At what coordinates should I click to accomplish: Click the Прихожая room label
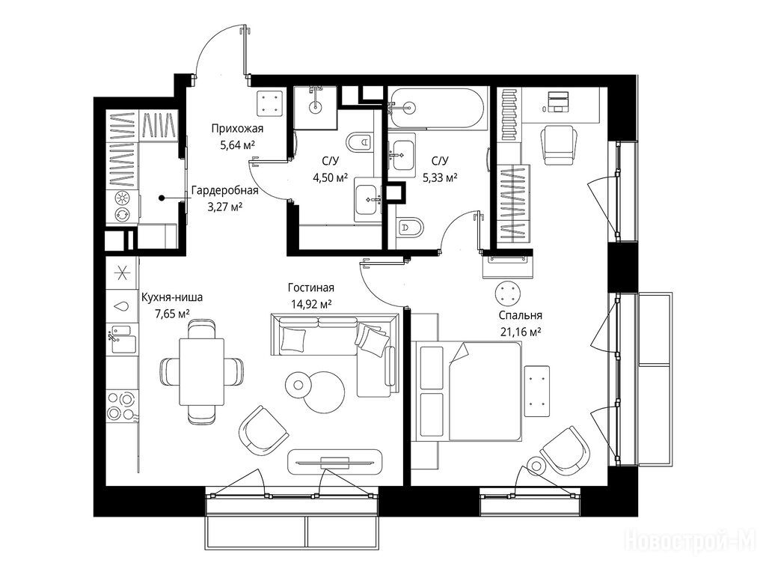coord(236,130)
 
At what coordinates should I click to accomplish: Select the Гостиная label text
coord(310,288)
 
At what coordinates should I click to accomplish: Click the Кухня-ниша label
coord(171,297)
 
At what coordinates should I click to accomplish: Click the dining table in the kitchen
coord(202,368)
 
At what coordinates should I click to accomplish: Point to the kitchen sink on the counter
coord(120,333)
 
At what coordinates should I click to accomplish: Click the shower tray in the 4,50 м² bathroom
coord(315,106)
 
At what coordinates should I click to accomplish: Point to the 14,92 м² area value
coord(310,303)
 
